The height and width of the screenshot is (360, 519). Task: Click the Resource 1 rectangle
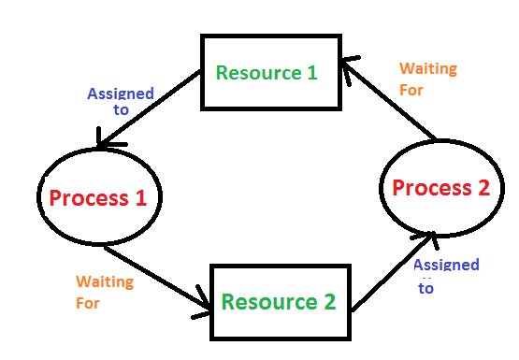tap(267, 73)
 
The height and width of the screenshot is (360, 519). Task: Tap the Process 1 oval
tap(98, 197)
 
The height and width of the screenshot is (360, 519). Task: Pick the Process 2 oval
tap(440, 188)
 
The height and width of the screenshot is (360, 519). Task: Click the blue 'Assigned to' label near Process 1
tap(120, 101)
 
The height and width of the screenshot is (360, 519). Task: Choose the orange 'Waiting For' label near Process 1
tap(104, 292)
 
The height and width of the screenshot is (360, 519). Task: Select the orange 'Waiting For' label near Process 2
tap(427, 79)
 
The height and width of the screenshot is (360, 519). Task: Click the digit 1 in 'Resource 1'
tap(311, 73)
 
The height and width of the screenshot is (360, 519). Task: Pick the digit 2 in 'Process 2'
tap(483, 188)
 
